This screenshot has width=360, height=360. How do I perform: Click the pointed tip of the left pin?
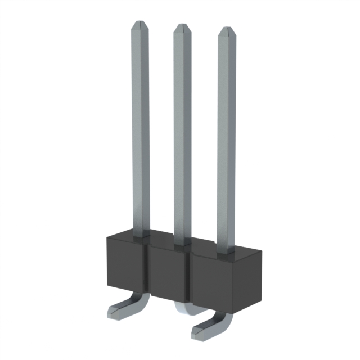pyautogui.click(x=139, y=26)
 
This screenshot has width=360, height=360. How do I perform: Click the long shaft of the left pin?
pyautogui.click(x=141, y=129)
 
